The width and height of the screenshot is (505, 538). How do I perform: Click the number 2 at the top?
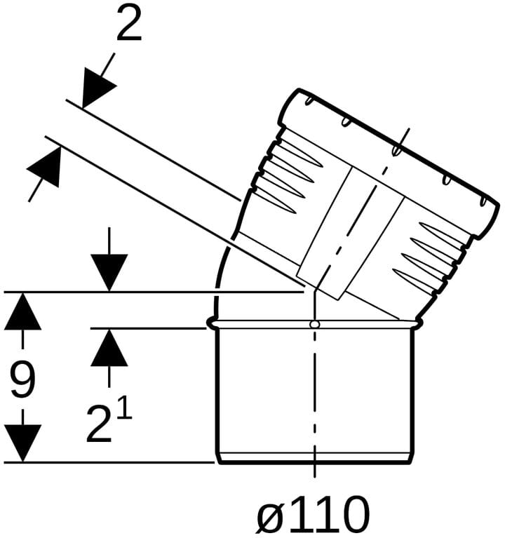[x=129, y=23]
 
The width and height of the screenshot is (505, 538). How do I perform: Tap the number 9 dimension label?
[x=22, y=380]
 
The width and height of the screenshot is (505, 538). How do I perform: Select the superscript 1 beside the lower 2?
[x=125, y=406]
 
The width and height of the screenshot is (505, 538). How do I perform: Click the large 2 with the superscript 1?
[x=100, y=424]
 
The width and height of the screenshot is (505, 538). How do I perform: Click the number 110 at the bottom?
[x=329, y=513]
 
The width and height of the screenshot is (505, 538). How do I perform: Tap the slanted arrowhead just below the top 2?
[x=97, y=86]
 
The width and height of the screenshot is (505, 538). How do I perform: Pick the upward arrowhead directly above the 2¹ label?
[x=109, y=347]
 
